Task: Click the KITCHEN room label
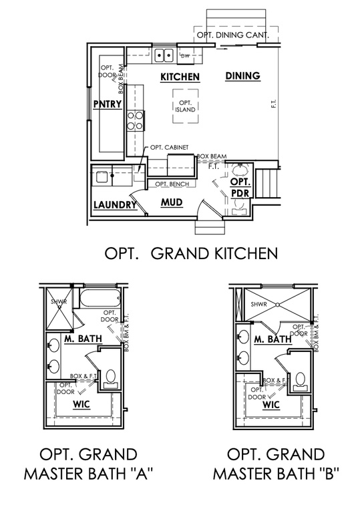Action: pyautogui.click(x=180, y=77)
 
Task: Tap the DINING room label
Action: pyautogui.click(x=243, y=76)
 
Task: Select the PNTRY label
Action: pyautogui.click(x=108, y=104)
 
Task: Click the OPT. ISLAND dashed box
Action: pyautogui.click(x=186, y=106)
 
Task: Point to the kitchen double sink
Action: pyautogui.click(x=164, y=55)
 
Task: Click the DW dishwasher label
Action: pyautogui.click(x=185, y=55)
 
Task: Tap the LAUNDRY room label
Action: pyautogui.click(x=115, y=205)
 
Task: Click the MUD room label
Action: pyautogui.click(x=172, y=202)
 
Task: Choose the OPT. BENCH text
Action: pyautogui.click(x=172, y=184)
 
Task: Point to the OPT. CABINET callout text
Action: pyautogui.click(x=169, y=148)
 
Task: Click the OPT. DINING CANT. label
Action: pyautogui.click(x=232, y=35)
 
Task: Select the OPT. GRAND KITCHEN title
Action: pyautogui.click(x=191, y=253)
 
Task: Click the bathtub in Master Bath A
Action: pyautogui.click(x=99, y=297)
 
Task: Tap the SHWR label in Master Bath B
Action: pyautogui.click(x=259, y=305)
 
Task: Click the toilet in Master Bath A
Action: pyautogui.click(x=111, y=379)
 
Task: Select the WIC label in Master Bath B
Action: pyautogui.click(x=271, y=405)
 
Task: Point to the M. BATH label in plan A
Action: pyautogui.click(x=83, y=338)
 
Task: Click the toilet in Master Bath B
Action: pyautogui.click(x=300, y=381)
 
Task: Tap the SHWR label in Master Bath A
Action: pyautogui.click(x=59, y=301)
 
